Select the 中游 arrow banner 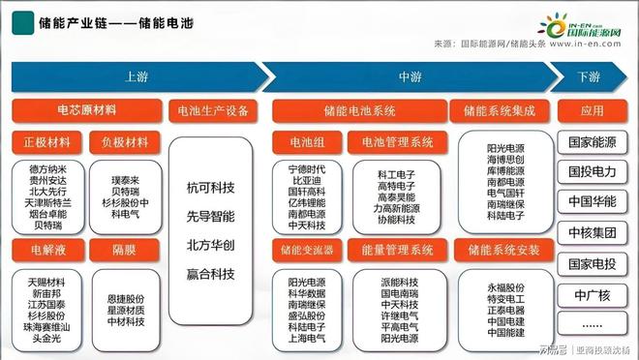click(x=407, y=76)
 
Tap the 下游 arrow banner click(x=588, y=76)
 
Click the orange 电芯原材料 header click(x=86, y=111)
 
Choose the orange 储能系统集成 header click(x=499, y=111)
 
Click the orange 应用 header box click(x=592, y=111)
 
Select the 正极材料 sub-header click(x=46, y=142)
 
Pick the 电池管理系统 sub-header click(x=398, y=142)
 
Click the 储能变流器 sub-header click(x=304, y=250)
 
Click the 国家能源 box click(x=592, y=143)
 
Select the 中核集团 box click(x=592, y=233)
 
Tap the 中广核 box click(x=592, y=294)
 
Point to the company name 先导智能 click(x=211, y=216)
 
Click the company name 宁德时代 click(x=306, y=169)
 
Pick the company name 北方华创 click(x=211, y=245)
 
